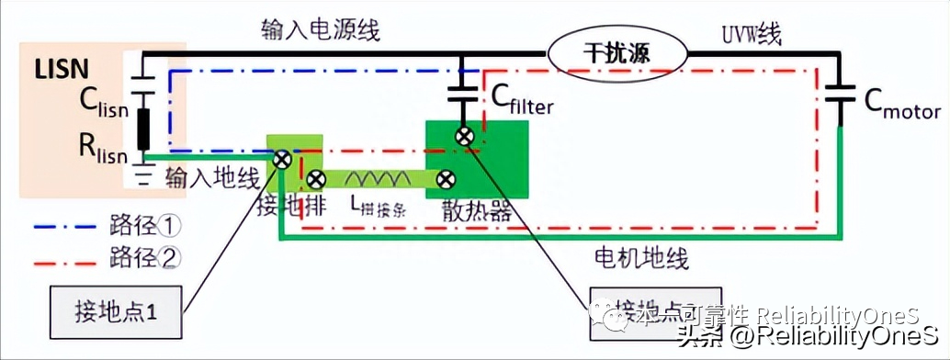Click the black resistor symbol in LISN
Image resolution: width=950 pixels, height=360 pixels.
[x=143, y=129]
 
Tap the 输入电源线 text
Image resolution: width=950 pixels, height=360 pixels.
[x=320, y=31]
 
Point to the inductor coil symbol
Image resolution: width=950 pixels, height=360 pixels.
[x=381, y=179]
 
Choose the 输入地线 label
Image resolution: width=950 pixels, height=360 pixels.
[x=212, y=178]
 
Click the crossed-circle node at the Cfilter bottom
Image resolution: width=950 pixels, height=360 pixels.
[x=465, y=137]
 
